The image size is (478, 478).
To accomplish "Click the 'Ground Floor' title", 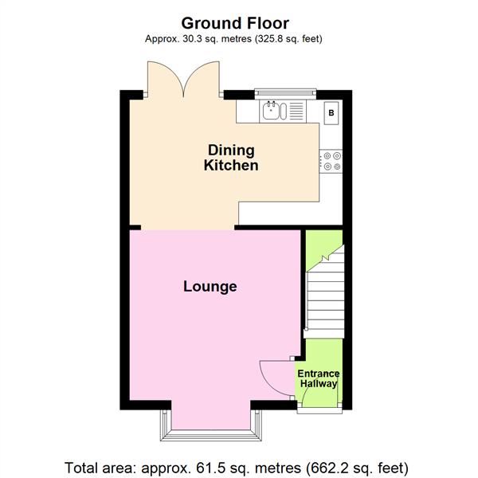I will click(x=234, y=23).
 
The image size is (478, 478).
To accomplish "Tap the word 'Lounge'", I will click(x=210, y=286).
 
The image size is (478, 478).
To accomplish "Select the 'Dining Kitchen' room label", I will click(x=231, y=158).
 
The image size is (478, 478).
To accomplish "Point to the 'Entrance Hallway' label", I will click(x=319, y=378).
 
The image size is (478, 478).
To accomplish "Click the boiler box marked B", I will click(x=331, y=113).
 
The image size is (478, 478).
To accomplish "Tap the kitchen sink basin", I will click(x=273, y=111).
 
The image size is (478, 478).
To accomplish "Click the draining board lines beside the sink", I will click(x=296, y=111).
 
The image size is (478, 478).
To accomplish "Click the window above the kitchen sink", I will click(x=284, y=93).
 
